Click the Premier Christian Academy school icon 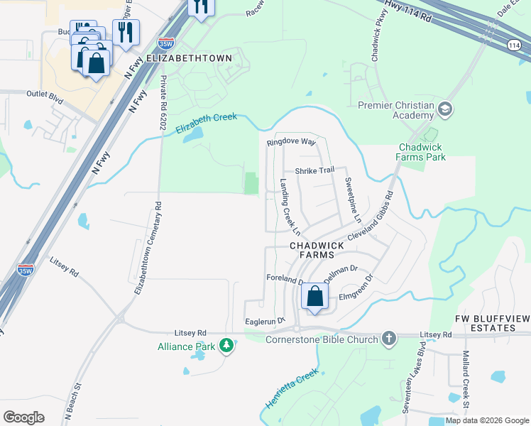tap(445, 109)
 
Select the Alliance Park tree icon tap(226, 346)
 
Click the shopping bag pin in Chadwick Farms tap(315, 296)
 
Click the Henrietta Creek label tap(292, 390)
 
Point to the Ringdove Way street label tap(290, 142)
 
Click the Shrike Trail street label tap(314, 170)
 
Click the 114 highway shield tap(514, 45)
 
